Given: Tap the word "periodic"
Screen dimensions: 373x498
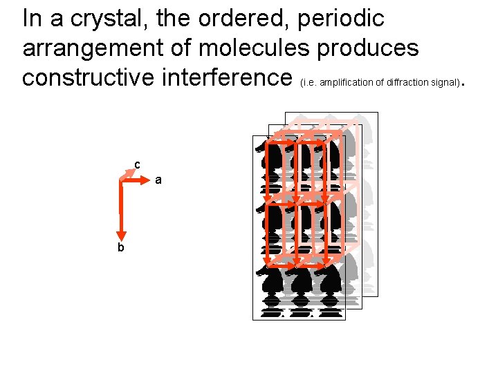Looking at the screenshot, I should click(x=341, y=19).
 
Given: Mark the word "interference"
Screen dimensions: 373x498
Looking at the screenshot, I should click(x=237, y=77).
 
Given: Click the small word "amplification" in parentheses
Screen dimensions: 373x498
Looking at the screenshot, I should click(x=344, y=83).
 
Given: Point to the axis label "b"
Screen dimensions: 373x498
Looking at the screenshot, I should click(x=120, y=247).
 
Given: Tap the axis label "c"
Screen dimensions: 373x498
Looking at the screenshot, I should click(x=137, y=164).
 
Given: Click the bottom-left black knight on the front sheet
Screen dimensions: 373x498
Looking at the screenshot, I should click(x=271, y=287).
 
